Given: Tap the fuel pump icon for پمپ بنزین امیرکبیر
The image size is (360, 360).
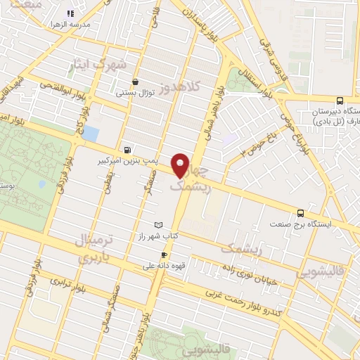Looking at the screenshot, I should point(127,149).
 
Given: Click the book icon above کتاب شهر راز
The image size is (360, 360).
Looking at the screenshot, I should point(158,225).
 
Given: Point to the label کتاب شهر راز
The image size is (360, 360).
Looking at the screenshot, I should point(158,237).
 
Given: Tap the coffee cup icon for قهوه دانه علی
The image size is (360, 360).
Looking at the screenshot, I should point(164,255).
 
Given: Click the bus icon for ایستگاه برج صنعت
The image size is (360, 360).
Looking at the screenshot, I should point(301,212).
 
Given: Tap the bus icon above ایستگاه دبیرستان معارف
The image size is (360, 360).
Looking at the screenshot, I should point(340,101).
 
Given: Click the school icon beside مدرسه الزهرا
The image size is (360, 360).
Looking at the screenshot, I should point(70,13).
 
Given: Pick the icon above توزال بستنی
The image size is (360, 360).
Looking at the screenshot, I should point(135,82).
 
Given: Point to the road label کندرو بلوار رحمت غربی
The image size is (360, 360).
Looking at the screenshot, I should point(245,298).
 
